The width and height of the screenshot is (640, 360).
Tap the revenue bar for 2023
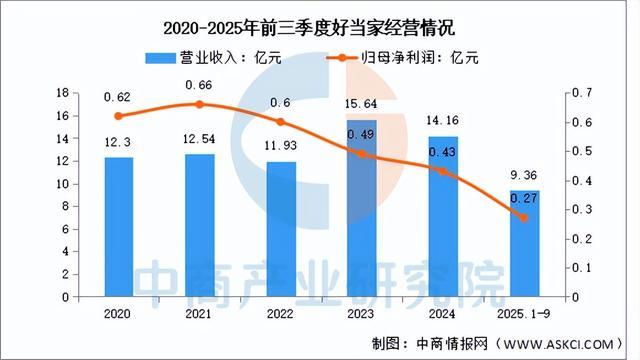(363, 210)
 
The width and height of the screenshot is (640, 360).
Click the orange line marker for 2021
(200, 104)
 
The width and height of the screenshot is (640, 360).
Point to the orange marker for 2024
(444, 171)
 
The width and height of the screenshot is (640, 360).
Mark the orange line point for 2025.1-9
(524, 218)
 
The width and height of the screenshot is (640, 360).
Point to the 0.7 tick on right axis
(582, 93)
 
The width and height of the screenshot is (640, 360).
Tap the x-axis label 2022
(281, 312)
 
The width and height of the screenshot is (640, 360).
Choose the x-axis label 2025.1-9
(524, 312)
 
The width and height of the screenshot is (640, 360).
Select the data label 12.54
(200, 141)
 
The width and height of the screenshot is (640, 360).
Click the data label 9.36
(524, 178)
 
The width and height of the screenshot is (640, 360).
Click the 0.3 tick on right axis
(582, 210)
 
